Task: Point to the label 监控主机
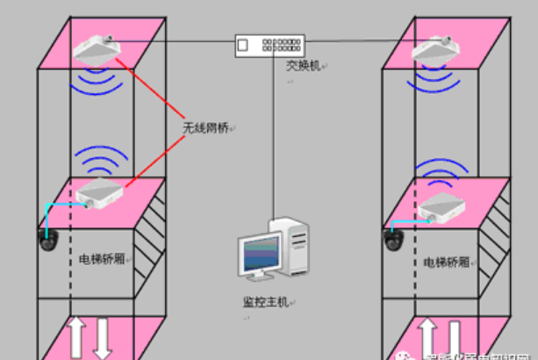pos(266,302)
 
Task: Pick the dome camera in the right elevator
pos(391,237)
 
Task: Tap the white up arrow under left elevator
pos(75,338)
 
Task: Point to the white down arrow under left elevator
pos(102,338)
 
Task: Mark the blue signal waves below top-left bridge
pos(99,82)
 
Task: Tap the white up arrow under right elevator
pos(427,338)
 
